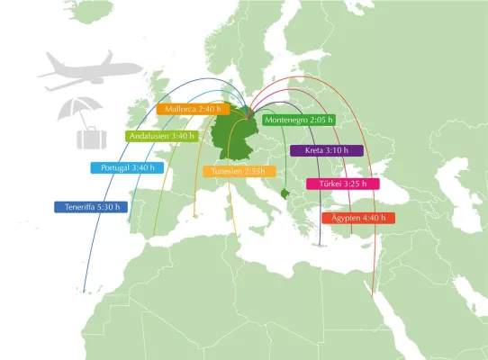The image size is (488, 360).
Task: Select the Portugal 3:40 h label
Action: [x=127, y=167]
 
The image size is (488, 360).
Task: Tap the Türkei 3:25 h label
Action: [x=343, y=184]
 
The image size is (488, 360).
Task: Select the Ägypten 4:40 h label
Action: [x=358, y=218]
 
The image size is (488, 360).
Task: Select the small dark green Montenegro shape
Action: [x=285, y=194]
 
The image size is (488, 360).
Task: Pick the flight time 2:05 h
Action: [x=320, y=120]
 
